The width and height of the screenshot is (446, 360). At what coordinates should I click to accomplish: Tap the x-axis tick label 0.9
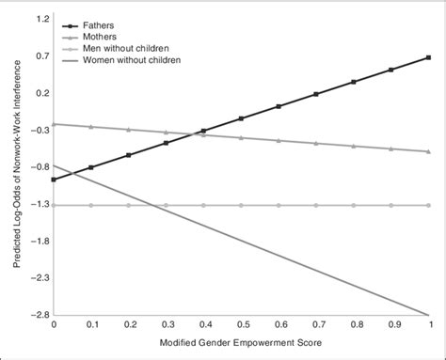coord(392,326)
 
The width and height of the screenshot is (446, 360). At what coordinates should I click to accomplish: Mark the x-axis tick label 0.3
coord(166,326)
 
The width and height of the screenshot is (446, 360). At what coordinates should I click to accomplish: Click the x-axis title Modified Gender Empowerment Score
coord(241,342)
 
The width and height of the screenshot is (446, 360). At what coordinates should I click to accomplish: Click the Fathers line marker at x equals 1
coord(429,57)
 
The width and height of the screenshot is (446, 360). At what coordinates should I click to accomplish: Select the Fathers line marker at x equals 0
coord(54,180)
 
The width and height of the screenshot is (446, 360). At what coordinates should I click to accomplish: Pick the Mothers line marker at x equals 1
coord(429,151)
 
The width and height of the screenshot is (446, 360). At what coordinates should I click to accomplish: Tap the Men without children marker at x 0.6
coord(279,205)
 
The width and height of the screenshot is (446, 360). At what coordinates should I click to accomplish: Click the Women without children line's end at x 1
coord(429,315)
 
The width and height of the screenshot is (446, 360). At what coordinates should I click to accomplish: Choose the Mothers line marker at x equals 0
coord(54,124)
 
